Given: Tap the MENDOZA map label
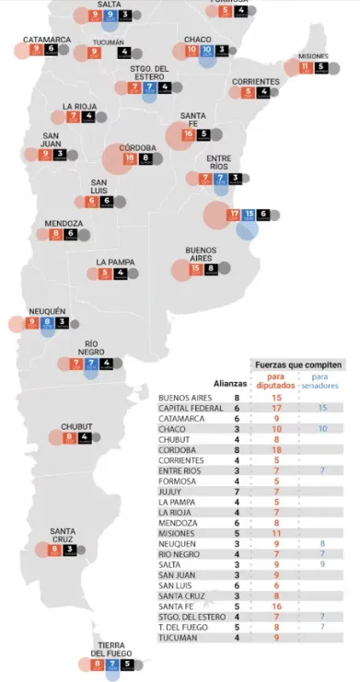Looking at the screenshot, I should coord(64,224).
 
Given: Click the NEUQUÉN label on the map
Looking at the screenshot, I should coord(48,311).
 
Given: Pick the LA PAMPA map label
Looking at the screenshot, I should coord(116,262).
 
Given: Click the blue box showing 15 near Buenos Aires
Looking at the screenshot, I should coord(250,214).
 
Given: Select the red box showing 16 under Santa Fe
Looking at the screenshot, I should coord(189,134).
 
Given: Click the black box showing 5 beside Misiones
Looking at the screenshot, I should coord(320,67).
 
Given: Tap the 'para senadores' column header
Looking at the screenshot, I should coord(322,381).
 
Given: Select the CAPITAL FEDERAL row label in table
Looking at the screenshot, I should coord(192,407).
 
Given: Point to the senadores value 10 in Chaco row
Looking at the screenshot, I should coord(322,428).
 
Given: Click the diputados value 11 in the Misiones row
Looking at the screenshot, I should coord(275,532).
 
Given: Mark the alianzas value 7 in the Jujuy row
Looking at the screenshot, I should coord(237,491).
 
